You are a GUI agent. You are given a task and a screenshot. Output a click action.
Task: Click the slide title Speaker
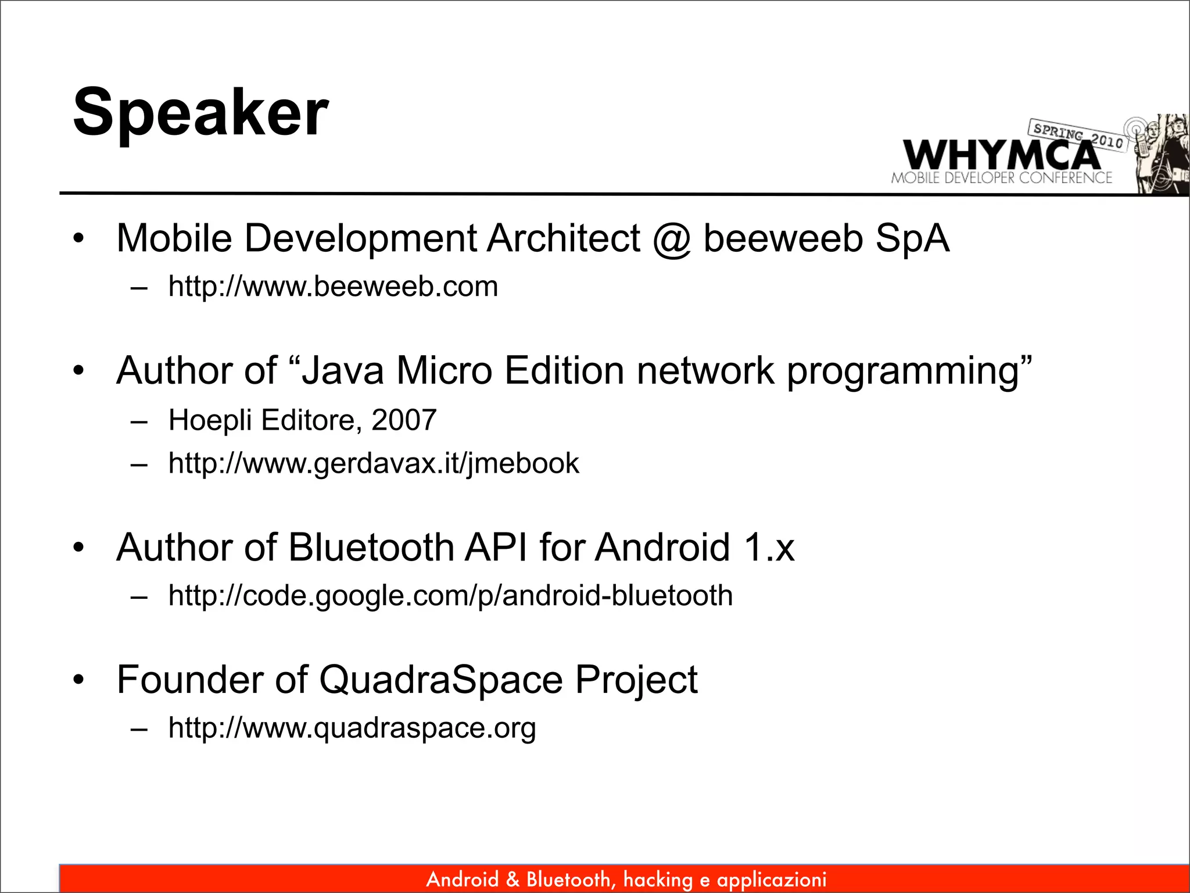pos(200,112)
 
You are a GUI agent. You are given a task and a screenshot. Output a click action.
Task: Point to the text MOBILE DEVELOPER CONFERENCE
pos(1001,178)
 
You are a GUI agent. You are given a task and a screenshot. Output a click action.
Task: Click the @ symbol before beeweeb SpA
pos(672,239)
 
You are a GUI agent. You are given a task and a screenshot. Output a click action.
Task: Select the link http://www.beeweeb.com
pos(333,287)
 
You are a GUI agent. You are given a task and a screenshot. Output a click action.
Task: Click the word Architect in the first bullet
pos(563,238)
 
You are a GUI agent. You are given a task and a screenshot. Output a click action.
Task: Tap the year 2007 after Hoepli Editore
pos(404,420)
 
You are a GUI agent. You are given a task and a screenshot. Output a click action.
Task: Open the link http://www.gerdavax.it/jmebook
pos(374,463)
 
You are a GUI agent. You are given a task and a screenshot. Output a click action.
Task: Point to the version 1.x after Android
pos(769,547)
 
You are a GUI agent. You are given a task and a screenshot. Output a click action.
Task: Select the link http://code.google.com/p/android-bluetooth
pos(450,595)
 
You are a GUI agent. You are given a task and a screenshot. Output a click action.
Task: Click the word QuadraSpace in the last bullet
pos(441,679)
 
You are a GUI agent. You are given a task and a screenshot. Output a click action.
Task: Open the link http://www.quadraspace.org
pos(352,727)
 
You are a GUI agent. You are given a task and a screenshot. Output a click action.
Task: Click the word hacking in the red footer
pos(658,880)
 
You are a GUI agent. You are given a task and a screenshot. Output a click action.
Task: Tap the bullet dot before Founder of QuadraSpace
pos(79,679)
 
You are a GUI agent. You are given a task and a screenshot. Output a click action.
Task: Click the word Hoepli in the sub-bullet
pos(210,420)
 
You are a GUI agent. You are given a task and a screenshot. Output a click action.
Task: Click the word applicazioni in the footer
pos(772,880)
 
